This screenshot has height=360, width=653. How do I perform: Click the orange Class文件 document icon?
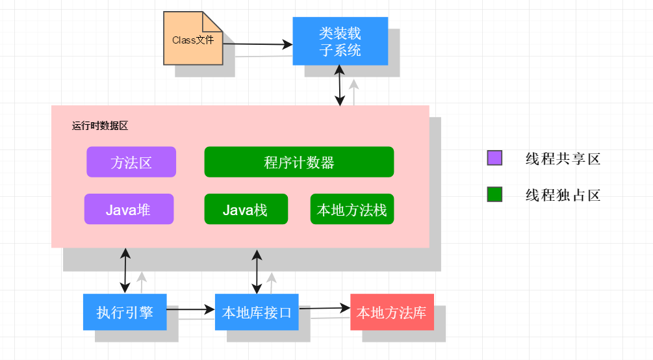192,40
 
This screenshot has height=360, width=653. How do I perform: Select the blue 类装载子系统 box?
340,41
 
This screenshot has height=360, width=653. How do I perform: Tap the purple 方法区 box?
131,162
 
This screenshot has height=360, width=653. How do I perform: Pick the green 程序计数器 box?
299,162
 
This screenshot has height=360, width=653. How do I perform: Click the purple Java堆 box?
129,209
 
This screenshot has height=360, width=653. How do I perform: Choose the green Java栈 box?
245,209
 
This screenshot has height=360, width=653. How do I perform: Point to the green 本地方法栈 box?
352,209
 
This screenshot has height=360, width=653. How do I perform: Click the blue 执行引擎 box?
125,312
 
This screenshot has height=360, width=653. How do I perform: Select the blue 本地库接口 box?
257,312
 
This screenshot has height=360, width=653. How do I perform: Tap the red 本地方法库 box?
392,312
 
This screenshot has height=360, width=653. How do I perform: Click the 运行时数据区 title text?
100,126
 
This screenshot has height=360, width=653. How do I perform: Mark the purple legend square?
494,158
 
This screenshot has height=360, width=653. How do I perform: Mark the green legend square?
494,194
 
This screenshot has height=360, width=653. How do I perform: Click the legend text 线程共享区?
563,159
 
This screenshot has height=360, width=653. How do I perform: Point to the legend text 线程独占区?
563,195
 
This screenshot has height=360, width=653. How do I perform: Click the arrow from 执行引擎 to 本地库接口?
190,310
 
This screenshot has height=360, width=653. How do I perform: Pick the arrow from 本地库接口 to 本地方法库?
324,309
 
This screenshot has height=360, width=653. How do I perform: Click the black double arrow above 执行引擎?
125,270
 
